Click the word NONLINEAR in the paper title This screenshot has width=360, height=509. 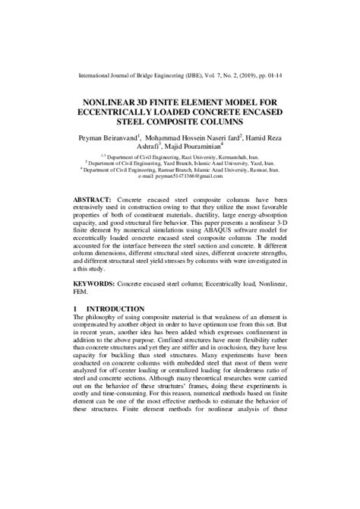coord(127,98)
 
